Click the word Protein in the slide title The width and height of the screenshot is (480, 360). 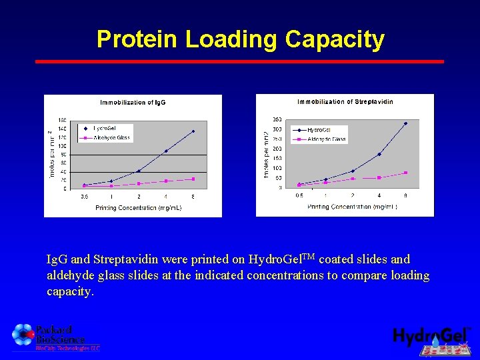pyautogui.click(x=138, y=39)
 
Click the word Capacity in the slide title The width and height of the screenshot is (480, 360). pyautogui.click(x=335, y=39)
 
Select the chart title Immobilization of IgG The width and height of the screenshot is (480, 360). pyautogui.click(x=133, y=103)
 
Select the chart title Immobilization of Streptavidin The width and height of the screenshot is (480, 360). pyautogui.click(x=345, y=102)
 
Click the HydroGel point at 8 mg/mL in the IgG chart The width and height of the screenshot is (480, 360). pyautogui.click(x=193, y=131)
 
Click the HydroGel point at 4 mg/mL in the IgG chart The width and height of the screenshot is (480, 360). pyautogui.click(x=166, y=151)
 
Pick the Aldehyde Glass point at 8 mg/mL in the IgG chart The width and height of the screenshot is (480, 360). pyautogui.click(x=193, y=179)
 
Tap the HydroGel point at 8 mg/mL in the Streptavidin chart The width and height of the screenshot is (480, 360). pyautogui.click(x=405, y=123)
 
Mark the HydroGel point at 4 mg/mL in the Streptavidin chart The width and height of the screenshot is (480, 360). pyautogui.click(x=379, y=154)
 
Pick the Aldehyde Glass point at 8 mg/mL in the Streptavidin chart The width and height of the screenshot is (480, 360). pyautogui.click(x=405, y=173)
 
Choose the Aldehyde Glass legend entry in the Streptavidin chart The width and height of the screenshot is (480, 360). pyautogui.click(x=327, y=139)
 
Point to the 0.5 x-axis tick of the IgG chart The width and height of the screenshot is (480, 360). pyautogui.click(x=84, y=197)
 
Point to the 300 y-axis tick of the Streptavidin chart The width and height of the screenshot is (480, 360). pyautogui.click(x=277, y=129)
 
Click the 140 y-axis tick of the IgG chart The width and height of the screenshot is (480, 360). pyautogui.click(x=62, y=128)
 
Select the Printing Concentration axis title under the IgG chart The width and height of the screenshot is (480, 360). pyautogui.click(x=138, y=208)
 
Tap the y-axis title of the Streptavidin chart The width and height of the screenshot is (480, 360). pyautogui.click(x=266, y=154)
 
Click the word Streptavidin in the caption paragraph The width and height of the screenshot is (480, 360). pyautogui.click(x=127, y=259)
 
